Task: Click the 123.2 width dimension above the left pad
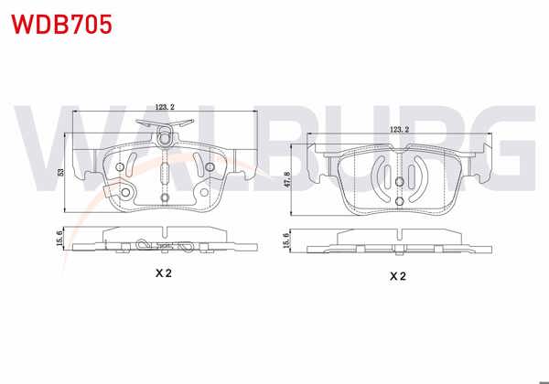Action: pos(165,108)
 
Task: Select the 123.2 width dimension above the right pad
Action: pos(400,130)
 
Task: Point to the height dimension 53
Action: pos(60,171)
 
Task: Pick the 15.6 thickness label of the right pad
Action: pos(288,240)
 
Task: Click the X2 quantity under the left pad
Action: pos(165,273)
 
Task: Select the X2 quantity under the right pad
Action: pos(398,275)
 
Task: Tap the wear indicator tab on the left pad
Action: pos(114,193)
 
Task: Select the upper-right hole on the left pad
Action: pos(210,166)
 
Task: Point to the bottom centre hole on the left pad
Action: pos(165,197)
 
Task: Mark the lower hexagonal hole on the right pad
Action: pos(400,200)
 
